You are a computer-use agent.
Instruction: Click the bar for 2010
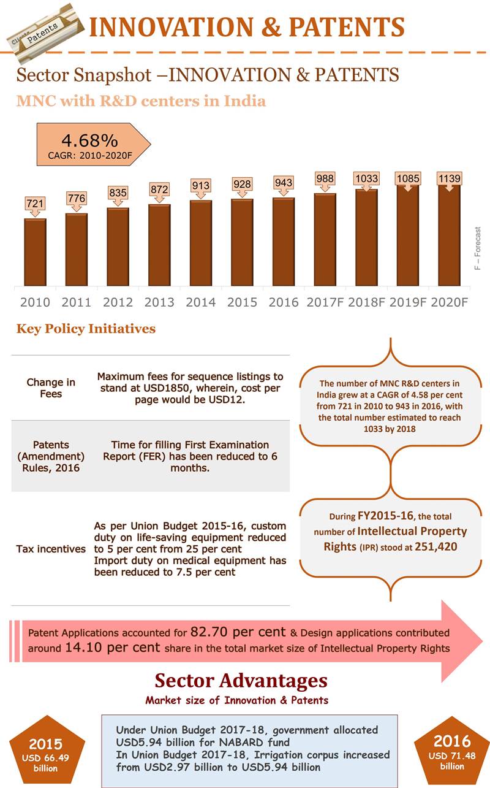35,252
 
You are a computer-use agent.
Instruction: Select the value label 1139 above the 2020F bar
449,178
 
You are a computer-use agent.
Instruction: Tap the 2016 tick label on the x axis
284,302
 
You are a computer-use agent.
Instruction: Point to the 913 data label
200,185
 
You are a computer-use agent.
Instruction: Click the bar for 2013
159,245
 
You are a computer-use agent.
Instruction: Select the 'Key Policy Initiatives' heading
86,329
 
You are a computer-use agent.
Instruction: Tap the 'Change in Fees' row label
51,388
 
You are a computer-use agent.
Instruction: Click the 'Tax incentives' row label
51,549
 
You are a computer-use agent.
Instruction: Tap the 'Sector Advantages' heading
241,680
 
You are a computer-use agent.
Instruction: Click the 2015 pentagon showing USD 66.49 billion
45,751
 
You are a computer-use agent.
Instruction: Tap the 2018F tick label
366,302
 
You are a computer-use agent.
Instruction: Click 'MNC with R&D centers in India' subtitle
141,101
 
